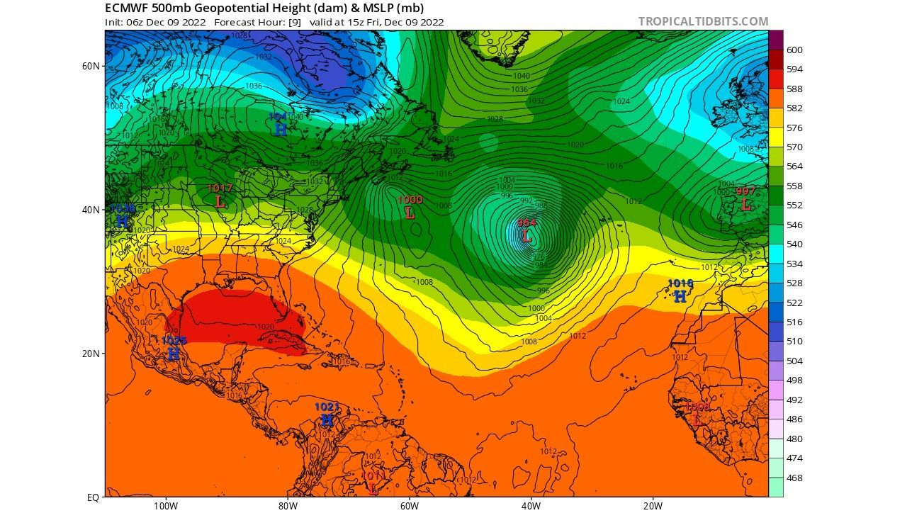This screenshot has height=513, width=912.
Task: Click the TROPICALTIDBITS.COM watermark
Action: point(703,21)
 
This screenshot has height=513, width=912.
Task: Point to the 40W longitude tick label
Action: point(531,505)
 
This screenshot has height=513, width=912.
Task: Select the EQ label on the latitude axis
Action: point(94,497)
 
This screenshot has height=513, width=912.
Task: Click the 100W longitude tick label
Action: point(165,505)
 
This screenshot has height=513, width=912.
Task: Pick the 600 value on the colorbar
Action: point(794,50)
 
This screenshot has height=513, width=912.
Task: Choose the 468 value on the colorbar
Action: point(794,478)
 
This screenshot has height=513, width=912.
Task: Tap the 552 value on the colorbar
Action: point(794,205)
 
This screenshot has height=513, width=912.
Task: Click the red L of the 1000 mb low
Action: point(410,213)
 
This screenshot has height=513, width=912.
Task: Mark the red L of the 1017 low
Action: point(220,201)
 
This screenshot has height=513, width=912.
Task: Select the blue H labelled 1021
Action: point(327,419)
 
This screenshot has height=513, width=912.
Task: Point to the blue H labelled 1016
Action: point(680,296)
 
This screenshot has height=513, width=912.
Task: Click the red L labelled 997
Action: point(745,204)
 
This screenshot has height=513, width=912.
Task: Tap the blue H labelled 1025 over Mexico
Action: point(173,354)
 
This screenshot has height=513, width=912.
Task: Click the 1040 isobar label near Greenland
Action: point(521,76)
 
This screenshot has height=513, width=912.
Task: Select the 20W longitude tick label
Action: point(653,505)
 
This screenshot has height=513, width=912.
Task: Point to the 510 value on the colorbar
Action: point(794,342)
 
